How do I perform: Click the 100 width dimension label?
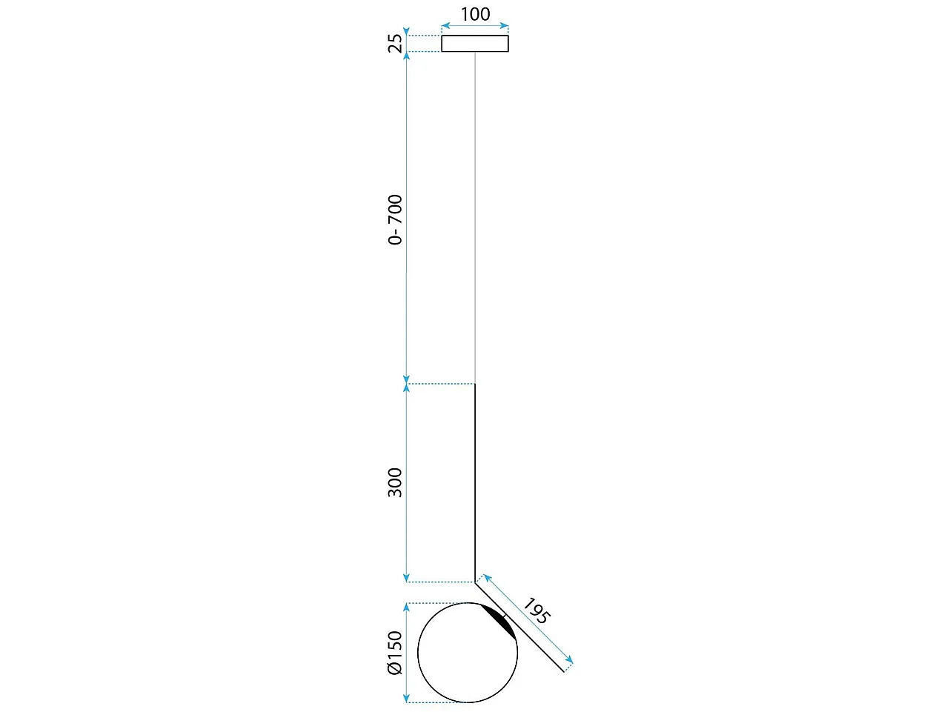475,14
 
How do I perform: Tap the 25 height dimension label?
395,43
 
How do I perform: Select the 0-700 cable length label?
395,220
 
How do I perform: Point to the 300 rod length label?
395,482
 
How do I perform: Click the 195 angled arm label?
537,610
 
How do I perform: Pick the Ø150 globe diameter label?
395,653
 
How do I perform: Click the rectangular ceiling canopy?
475,44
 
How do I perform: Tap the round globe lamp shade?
418,653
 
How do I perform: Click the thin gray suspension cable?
475,218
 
